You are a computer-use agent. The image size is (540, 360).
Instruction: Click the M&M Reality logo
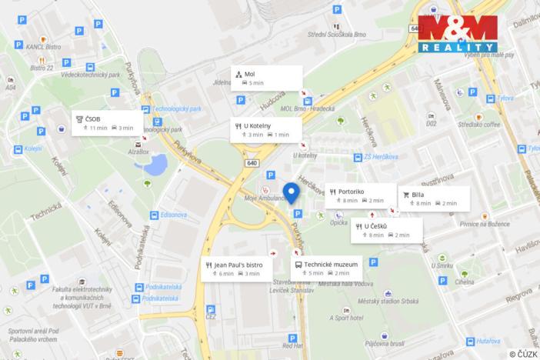point(458,34)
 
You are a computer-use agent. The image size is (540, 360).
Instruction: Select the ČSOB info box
point(105,123)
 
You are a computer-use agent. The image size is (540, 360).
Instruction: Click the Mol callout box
point(269,78)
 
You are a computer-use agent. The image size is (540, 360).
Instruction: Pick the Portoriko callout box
point(358,195)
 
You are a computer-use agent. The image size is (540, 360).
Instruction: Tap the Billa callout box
point(432,198)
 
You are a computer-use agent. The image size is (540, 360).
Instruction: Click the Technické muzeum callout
point(326,268)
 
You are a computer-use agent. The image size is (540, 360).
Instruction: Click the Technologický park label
point(176,109)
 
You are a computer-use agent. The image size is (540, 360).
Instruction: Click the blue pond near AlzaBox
point(159,162)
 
